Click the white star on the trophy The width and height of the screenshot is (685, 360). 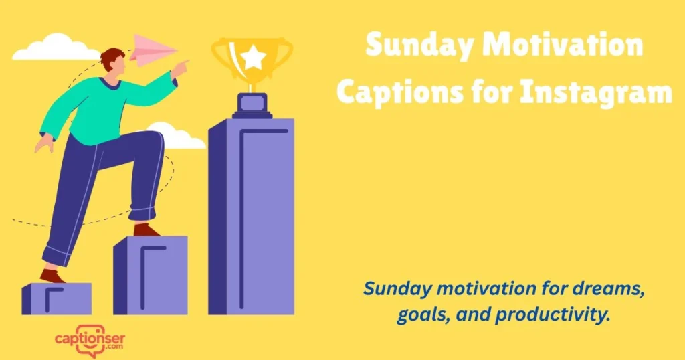pos(253,58)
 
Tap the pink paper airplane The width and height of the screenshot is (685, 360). pos(151,50)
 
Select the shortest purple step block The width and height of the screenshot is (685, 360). pos(57,298)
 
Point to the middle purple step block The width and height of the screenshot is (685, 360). pos(151,275)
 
